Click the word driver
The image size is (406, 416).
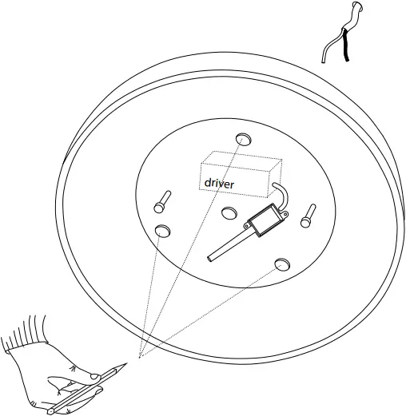click(x=219, y=184)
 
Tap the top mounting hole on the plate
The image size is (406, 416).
click(x=244, y=139)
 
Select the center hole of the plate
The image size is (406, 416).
click(x=229, y=213)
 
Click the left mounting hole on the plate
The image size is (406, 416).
click(x=162, y=231)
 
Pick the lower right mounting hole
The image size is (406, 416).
click(x=282, y=264)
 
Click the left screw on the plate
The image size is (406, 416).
click(x=162, y=201)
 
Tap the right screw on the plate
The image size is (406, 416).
click(x=308, y=216)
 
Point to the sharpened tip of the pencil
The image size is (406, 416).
click(x=126, y=363)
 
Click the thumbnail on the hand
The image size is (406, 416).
click(x=95, y=376)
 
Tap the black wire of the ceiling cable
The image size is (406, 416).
click(x=345, y=46)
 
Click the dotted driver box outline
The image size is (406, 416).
click(x=241, y=174)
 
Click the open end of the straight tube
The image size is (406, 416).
click(x=210, y=258)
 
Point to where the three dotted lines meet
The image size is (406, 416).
click(x=139, y=357)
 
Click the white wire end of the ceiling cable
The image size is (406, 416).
click(x=323, y=61)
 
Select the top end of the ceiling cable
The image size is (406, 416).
click(x=357, y=6)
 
